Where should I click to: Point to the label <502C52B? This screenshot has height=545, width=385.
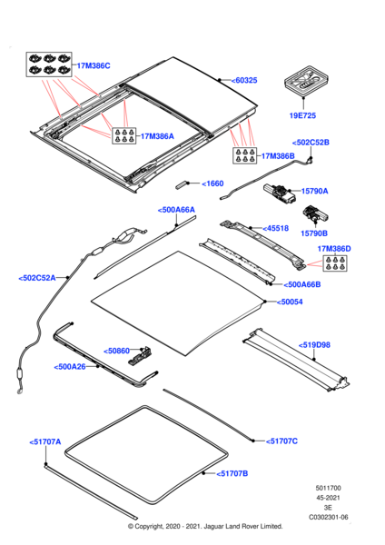point(311,143)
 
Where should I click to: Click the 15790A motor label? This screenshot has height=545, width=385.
point(309,191)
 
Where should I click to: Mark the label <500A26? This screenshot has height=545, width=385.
point(71,366)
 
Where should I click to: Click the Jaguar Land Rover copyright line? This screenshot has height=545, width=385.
point(192,527)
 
